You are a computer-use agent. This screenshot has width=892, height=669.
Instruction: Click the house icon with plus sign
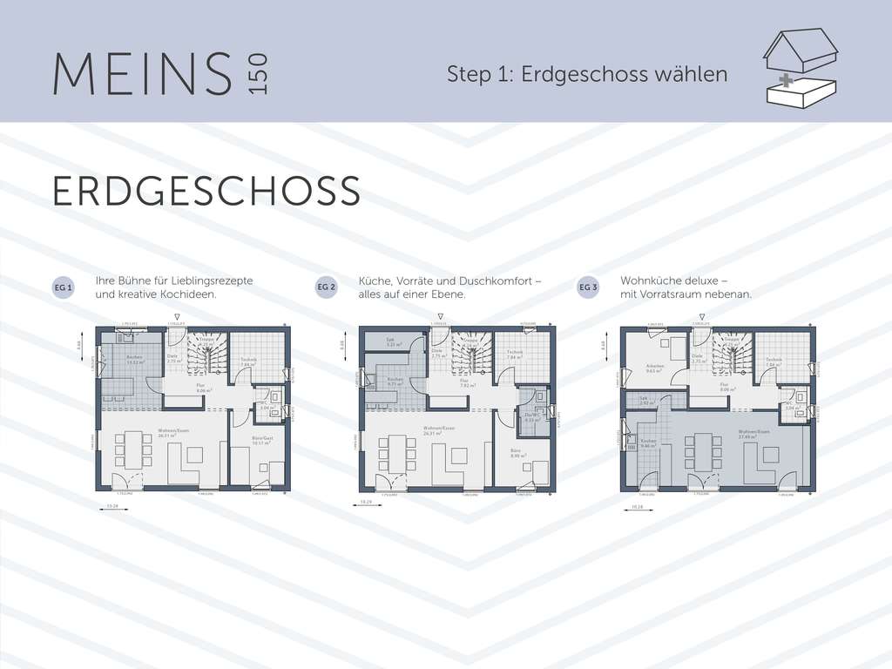(x=799, y=69)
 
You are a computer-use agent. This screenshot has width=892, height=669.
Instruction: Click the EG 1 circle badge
(x=64, y=287)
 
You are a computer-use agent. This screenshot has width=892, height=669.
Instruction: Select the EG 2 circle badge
(x=326, y=287)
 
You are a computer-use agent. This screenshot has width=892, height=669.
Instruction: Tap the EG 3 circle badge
(x=588, y=287)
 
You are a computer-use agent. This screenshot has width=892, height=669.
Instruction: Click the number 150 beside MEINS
(x=260, y=74)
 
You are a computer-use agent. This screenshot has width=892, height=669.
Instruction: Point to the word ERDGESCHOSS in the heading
(x=206, y=192)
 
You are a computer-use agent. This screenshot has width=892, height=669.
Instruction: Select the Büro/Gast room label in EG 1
(x=259, y=439)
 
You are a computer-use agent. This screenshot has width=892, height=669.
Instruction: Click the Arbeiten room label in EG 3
(x=656, y=367)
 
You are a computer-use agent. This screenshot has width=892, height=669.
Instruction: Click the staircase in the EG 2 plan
(x=470, y=353)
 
